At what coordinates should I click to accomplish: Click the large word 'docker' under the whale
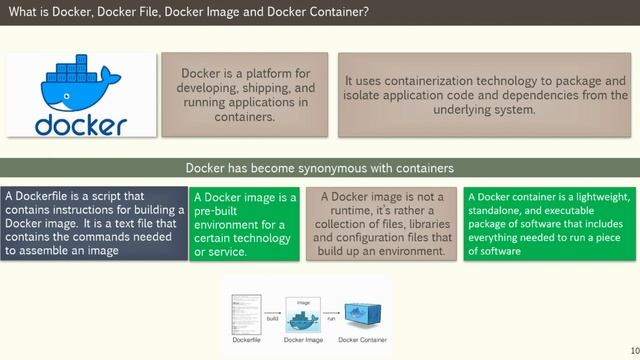[x=80, y=125]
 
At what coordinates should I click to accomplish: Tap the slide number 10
[x=632, y=352]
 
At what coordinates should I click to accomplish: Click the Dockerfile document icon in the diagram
[x=246, y=315]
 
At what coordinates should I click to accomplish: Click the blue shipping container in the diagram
[x=364, y=318]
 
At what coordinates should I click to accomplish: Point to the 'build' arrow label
[x=272, y=317]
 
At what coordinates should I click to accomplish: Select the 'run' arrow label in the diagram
[x=331, y=317]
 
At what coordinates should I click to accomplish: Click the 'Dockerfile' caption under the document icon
[x=248, y=341]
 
